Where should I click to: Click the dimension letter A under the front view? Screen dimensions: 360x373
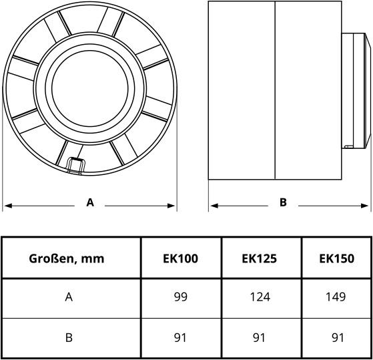point(90,202)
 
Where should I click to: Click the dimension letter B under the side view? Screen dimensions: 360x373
point(283,202)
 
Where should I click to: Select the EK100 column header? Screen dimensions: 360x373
point(181,258)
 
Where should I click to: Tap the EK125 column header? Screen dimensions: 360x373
point(259,258)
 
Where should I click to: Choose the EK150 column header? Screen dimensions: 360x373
point(337,258)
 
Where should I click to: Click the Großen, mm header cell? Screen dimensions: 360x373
point(67,258)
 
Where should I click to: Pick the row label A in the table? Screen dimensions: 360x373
point(69,297)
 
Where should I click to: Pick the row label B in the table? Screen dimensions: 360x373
point(69,337)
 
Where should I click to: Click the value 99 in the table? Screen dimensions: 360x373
point(181,297)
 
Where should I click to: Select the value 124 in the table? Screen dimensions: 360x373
point(259,297)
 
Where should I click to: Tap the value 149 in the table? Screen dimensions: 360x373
point(337,297)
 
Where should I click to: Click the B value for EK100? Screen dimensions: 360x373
point(181,337)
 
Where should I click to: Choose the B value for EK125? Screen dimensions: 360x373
point(259,337)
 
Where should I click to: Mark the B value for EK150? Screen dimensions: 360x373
point(337,337)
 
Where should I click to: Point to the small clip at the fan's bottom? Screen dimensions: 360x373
point(75,164)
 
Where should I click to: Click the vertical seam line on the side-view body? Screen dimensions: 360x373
point(276,90)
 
